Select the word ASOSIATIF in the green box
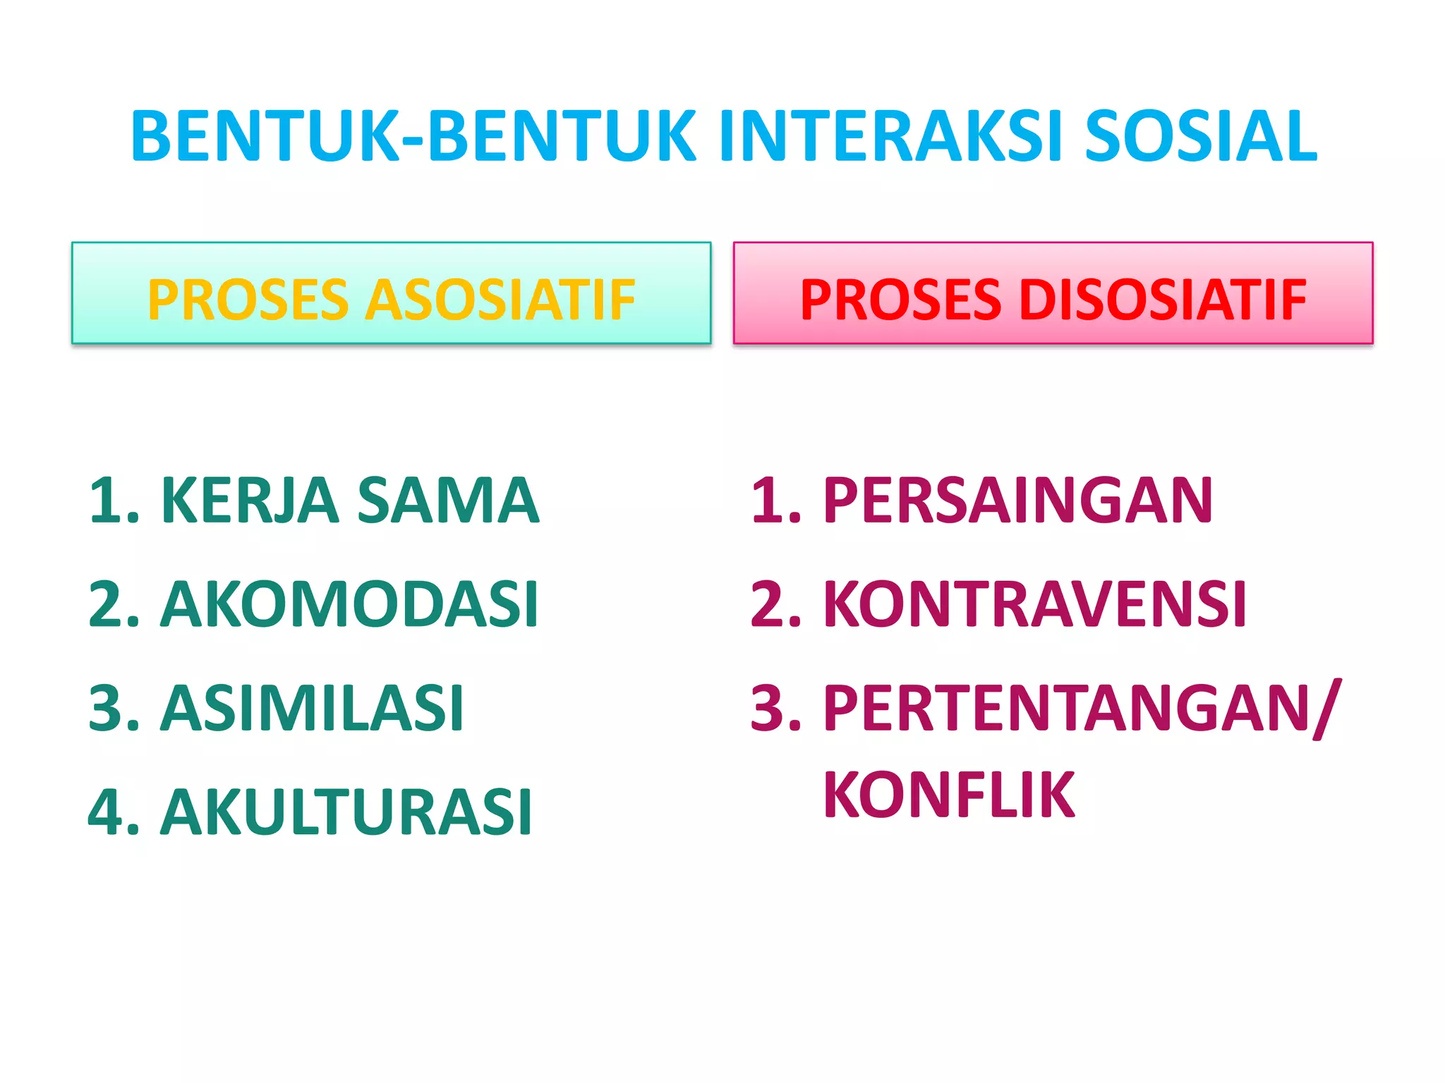point(500,300)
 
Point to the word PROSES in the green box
point(248,300)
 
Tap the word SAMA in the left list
point(448,501)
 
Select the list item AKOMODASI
point(349,604)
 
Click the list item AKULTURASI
point(346,812)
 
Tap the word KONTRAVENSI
point(1034,604)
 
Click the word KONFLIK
point(949,795)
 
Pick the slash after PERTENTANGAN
point(1325,709)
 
